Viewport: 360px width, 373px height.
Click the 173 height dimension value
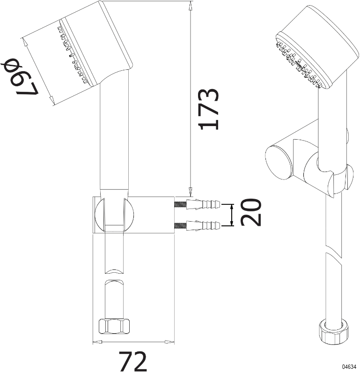tap(209, 109)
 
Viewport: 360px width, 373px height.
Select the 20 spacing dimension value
tap(251, 212)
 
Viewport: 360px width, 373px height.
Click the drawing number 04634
tap(349, 366)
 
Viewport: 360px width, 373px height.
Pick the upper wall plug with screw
tap(198, 204)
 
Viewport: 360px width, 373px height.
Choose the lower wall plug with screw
tap(198, 225)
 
